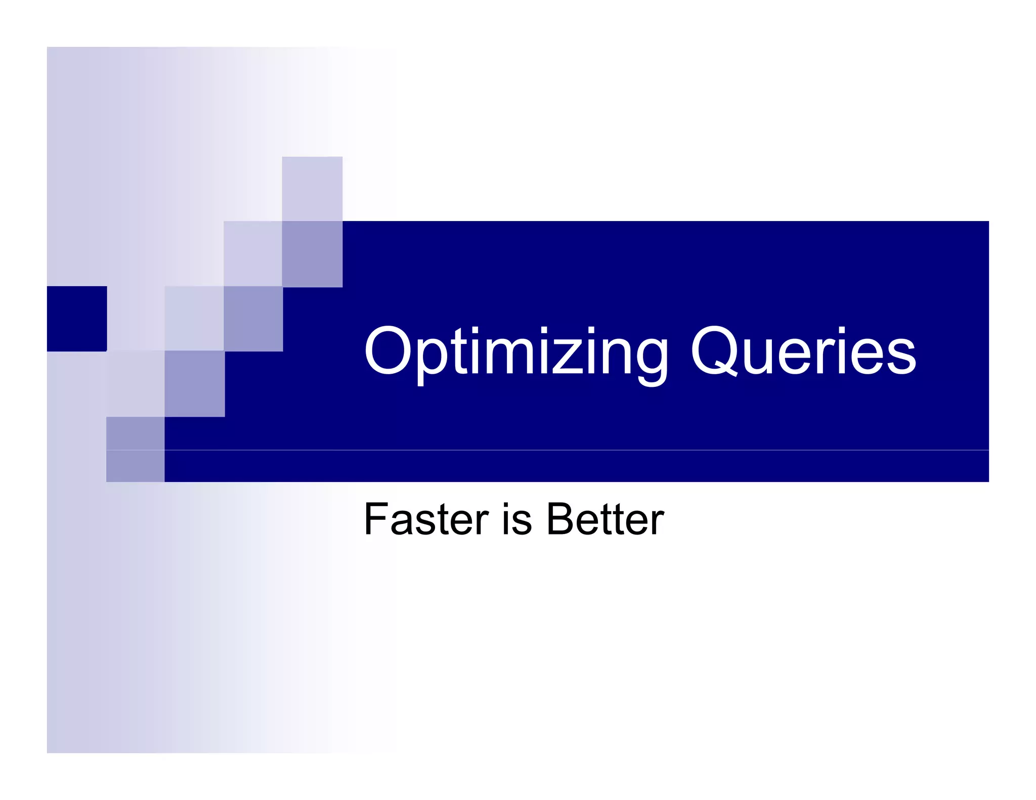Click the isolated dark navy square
point(77,319)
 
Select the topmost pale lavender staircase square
point(312,189)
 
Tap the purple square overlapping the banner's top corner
point(312,254)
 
